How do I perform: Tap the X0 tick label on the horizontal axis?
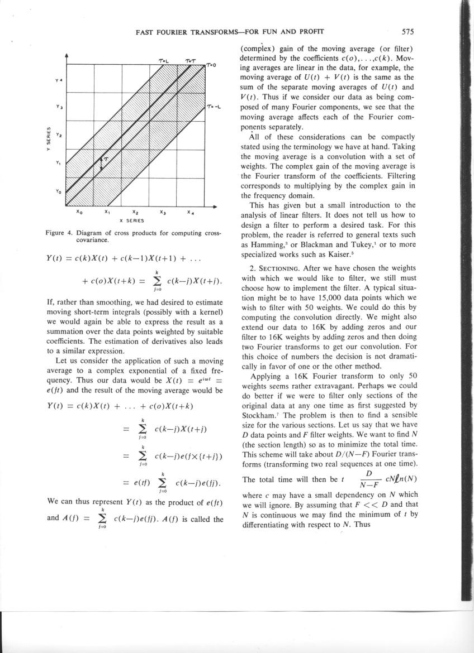click(x=79, y=213)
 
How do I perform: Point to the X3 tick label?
click(x=163, y=213)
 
